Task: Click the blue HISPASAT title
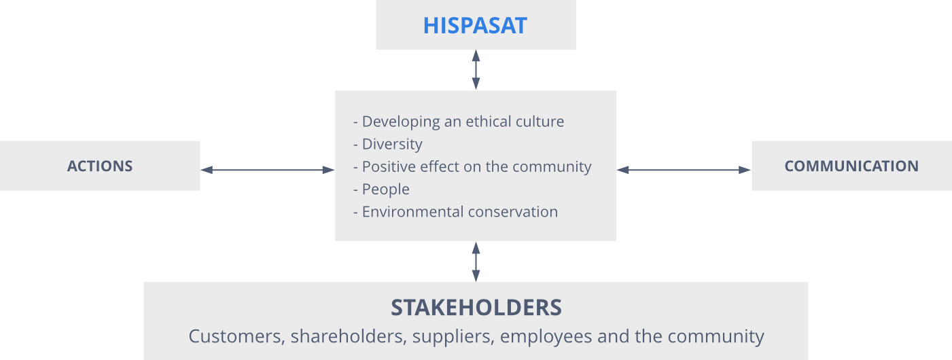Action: (475, 26)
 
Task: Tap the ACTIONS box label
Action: (100, 166)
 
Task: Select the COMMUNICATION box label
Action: (851, 166)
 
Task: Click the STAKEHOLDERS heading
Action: (476, 308)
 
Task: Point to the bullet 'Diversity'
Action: (392, 144)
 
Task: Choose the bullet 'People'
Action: (385, 189)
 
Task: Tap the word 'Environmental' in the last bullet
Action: (412, 212)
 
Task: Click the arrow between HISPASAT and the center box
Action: (476, 70)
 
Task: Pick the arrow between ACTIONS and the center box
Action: (267, 170)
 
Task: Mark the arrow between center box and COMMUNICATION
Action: (684, 170)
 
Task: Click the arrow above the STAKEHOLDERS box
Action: (476, 262)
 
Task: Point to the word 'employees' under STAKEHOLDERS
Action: (546, 338)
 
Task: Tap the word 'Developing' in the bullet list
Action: (401, 122)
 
